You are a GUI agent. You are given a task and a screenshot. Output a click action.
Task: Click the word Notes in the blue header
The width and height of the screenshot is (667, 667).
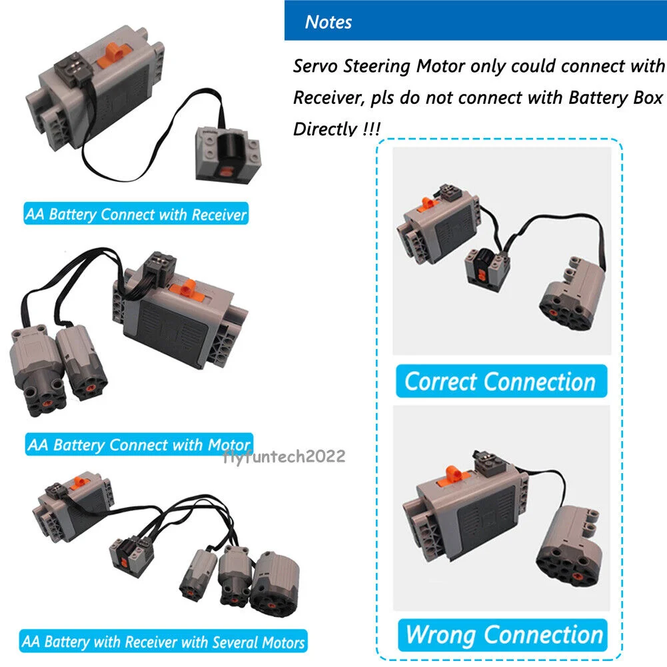328,22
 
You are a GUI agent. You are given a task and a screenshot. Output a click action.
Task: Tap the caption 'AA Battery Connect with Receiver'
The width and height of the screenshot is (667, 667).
135,215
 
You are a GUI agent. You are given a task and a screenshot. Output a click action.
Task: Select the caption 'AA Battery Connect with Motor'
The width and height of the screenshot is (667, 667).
139,444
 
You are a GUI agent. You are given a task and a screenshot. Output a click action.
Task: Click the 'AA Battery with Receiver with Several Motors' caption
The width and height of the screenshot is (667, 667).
163,642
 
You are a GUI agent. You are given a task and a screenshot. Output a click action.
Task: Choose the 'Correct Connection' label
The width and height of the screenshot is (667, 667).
500,382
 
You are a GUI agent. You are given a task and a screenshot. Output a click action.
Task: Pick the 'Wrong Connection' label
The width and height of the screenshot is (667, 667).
504,634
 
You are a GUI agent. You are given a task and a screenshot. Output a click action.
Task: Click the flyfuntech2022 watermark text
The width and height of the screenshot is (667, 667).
285,456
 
